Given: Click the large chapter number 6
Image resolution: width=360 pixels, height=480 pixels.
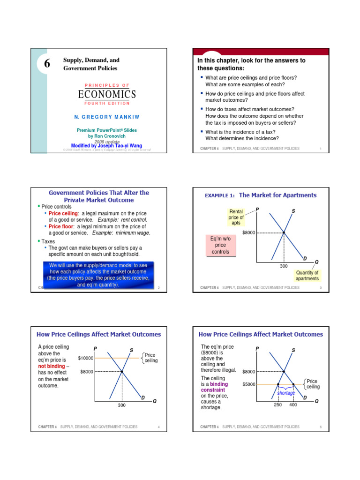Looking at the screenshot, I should [47, 65].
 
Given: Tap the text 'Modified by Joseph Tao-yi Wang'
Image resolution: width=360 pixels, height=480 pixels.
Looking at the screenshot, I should [106, 145].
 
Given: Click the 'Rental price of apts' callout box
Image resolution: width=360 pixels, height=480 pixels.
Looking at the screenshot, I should [236, 217].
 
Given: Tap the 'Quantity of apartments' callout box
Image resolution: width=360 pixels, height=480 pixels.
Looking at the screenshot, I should [307, 275].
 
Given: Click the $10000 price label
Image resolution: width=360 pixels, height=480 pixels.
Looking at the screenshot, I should [86, 358].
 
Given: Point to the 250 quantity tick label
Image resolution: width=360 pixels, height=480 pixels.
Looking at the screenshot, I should [278, 405].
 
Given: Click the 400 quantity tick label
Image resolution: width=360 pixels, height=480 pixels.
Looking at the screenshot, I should [293, 405].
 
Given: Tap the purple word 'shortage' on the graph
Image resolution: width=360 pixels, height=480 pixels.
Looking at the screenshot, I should [286, 393].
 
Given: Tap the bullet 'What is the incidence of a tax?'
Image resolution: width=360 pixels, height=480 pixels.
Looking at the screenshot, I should [240, 132].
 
